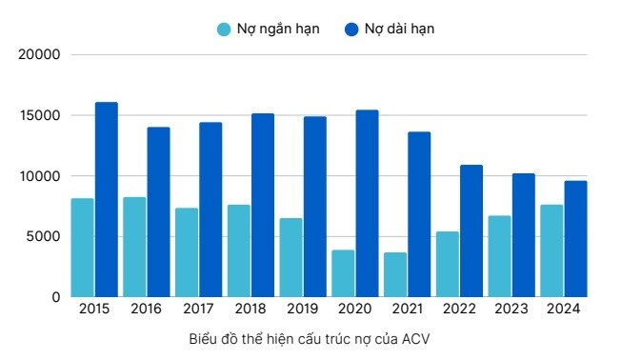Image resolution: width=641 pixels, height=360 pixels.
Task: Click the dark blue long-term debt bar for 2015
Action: [x=106, y=199]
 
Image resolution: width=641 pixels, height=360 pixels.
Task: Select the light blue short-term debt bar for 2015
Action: [x=83, y=248]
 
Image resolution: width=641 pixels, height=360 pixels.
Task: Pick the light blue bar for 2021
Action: [x=395, y=274]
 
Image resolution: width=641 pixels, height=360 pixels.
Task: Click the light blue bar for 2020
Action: [x=343, y=273]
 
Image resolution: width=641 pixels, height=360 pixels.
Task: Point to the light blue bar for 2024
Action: [x=551, y=250]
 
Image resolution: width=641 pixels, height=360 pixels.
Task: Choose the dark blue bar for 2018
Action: [x=263, y=205]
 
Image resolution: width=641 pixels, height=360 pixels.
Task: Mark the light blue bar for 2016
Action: [x=134, y=247]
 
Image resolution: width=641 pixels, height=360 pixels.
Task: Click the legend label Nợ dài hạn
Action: [x=399, y=29]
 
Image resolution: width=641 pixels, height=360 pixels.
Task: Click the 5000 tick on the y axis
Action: [x=44, y=236]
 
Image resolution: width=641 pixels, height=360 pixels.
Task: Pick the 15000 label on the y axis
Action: [x=40, y=115]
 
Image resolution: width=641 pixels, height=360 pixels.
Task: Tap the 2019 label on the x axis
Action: [x=303, y=310]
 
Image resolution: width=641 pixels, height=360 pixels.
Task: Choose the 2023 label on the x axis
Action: [x=511, y=310]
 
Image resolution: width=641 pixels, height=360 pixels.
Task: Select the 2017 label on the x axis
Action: [x=198, y=310]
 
